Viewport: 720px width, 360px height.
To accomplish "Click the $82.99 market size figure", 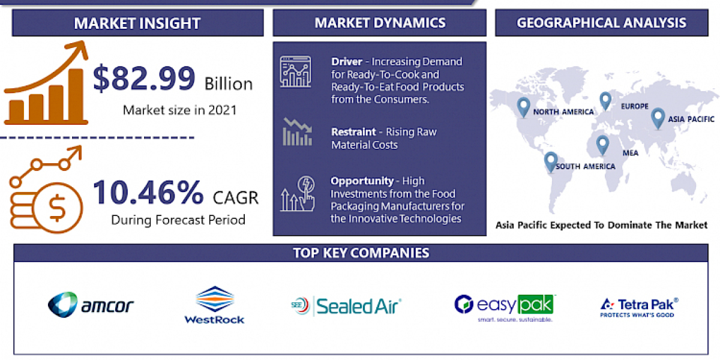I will click(145, 79).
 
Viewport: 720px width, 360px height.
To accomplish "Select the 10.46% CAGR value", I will click(148, 193).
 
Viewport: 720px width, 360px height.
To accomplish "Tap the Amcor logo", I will click(91, 305).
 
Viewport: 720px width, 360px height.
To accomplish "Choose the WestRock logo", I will click(214, 305).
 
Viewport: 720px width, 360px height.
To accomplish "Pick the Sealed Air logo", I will click(346, 306).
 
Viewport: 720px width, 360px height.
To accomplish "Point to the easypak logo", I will click(505, 307).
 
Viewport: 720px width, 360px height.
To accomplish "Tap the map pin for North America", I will click(524, 107).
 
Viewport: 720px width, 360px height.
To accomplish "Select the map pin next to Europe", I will click(605, 100).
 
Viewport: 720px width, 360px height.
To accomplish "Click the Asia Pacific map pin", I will click(658, 118).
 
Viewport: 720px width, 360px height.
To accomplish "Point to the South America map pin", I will click(550, 161).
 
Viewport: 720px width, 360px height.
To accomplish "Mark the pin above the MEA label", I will click(602, 144).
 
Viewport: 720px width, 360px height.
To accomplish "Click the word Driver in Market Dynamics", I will click(346, 62).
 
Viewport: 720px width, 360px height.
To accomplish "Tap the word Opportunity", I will click(362, 181).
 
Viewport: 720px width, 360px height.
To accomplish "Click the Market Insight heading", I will click(137, 23).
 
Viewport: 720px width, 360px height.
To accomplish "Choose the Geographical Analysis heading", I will click(602, 23).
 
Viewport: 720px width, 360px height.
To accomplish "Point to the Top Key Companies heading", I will click(361, 253).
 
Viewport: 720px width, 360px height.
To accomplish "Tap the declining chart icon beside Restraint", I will click(297, 133).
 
